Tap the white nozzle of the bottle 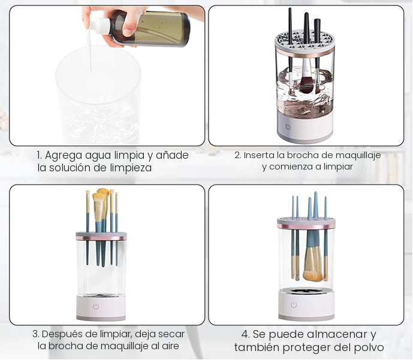[96, 25]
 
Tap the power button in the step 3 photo [96, 306]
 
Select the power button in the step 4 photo [294, 304]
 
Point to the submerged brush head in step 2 [306, 84]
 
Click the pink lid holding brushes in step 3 [100, 235]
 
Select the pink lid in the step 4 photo [306, 223]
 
